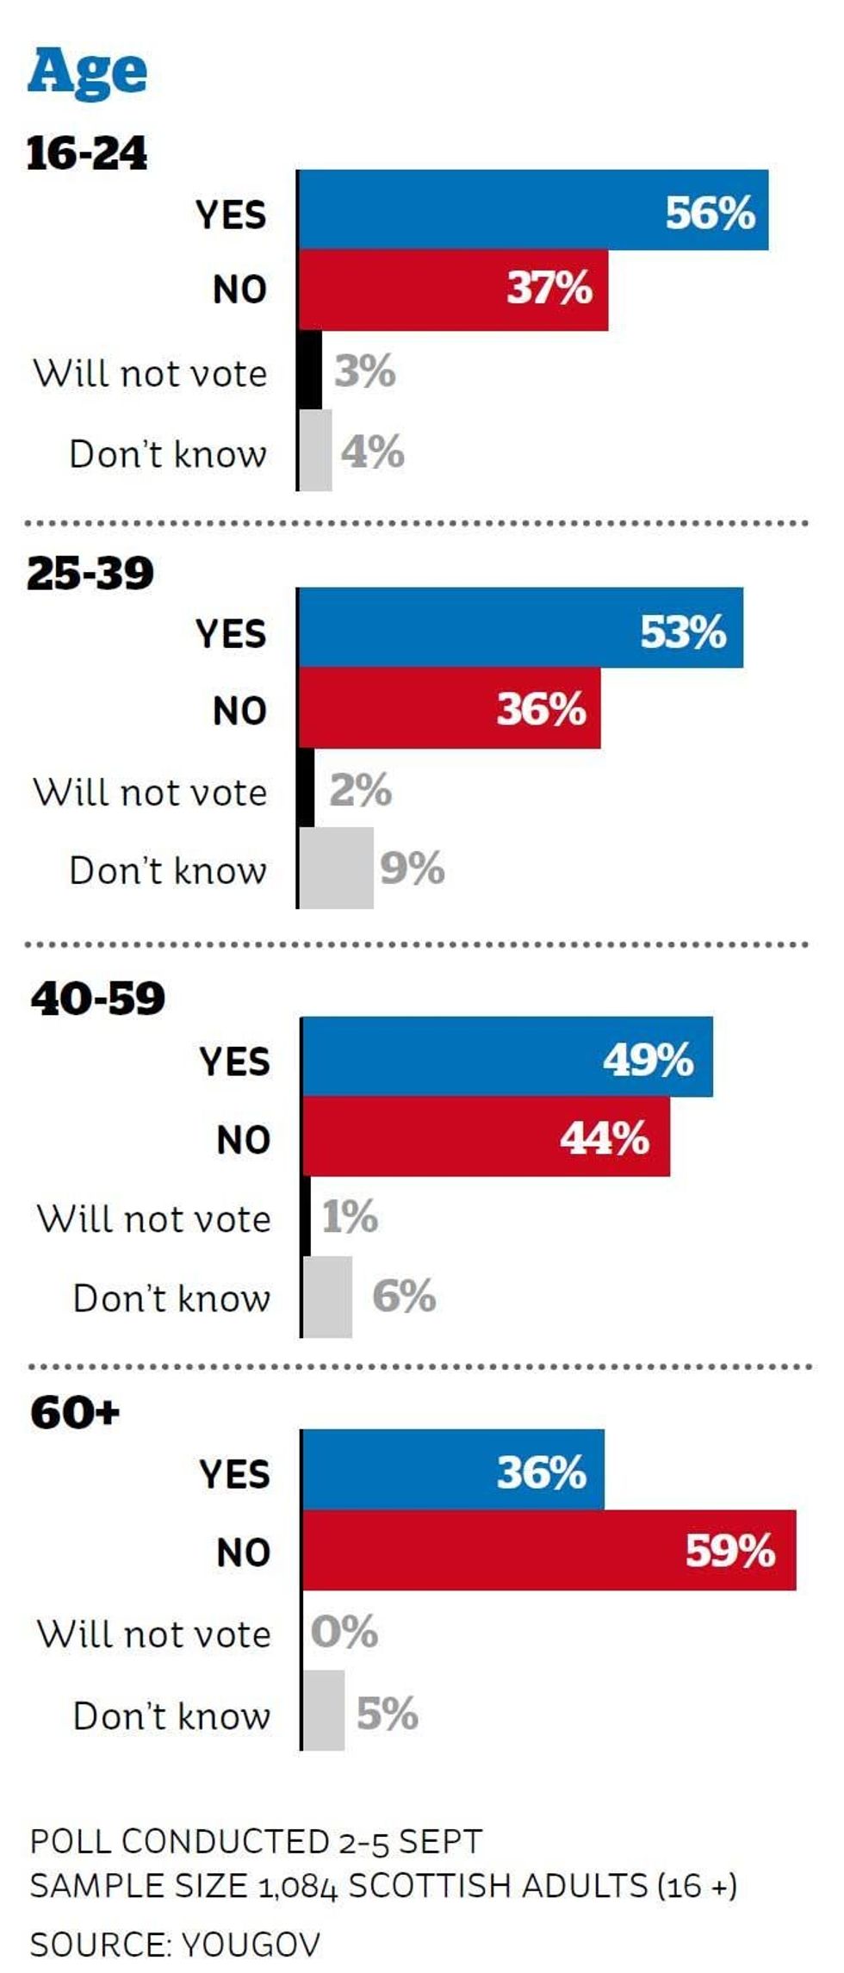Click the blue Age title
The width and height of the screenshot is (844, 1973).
click(x=87, y=72)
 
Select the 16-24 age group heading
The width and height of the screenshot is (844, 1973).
click(x=87, y=154)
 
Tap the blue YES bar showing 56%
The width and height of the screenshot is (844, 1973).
click(x=532, y=210)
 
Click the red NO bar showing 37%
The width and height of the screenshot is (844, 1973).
click(x=453, y=289)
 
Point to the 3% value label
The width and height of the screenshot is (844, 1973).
click(x=364, y=371)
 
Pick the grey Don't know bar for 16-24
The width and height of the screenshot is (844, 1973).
click(x=315, y=451)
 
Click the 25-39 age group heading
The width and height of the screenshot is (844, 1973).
click(x=90, y=573)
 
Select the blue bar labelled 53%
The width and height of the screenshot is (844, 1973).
click(x=520, y=628)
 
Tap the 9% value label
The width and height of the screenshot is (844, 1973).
click(x=413, y=868)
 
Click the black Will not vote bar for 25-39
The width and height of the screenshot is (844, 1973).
click(x=306, y=788)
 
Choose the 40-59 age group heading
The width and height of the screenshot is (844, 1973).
click(x=97, y=999)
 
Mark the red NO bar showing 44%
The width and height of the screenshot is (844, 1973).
click(x=486, y=1137)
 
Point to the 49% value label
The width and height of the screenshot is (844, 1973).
click(x=648, y=1059)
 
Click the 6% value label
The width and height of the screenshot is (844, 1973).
click(x=404, y=1296)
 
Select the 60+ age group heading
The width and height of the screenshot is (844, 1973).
click(x=75, y=1413)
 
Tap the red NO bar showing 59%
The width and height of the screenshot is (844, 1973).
click(x=549, y=1550)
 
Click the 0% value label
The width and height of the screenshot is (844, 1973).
click(x=344, y=1632)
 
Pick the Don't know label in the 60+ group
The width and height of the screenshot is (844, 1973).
click(x=172, y=1715)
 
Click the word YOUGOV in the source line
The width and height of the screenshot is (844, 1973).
click(x=251, y=1944)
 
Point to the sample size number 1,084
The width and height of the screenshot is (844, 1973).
click(x=298, y=1886)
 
